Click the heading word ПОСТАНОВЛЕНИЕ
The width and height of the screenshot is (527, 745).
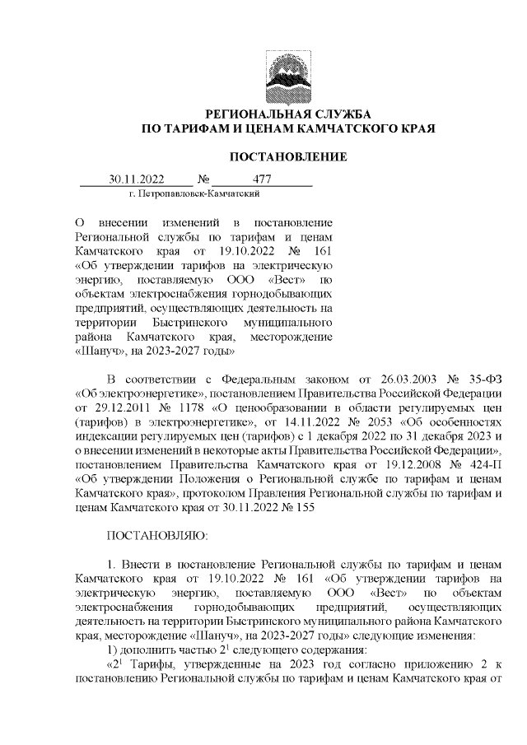287,156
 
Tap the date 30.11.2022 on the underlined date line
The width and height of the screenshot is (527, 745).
138,179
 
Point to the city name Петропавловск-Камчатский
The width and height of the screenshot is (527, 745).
195,193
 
